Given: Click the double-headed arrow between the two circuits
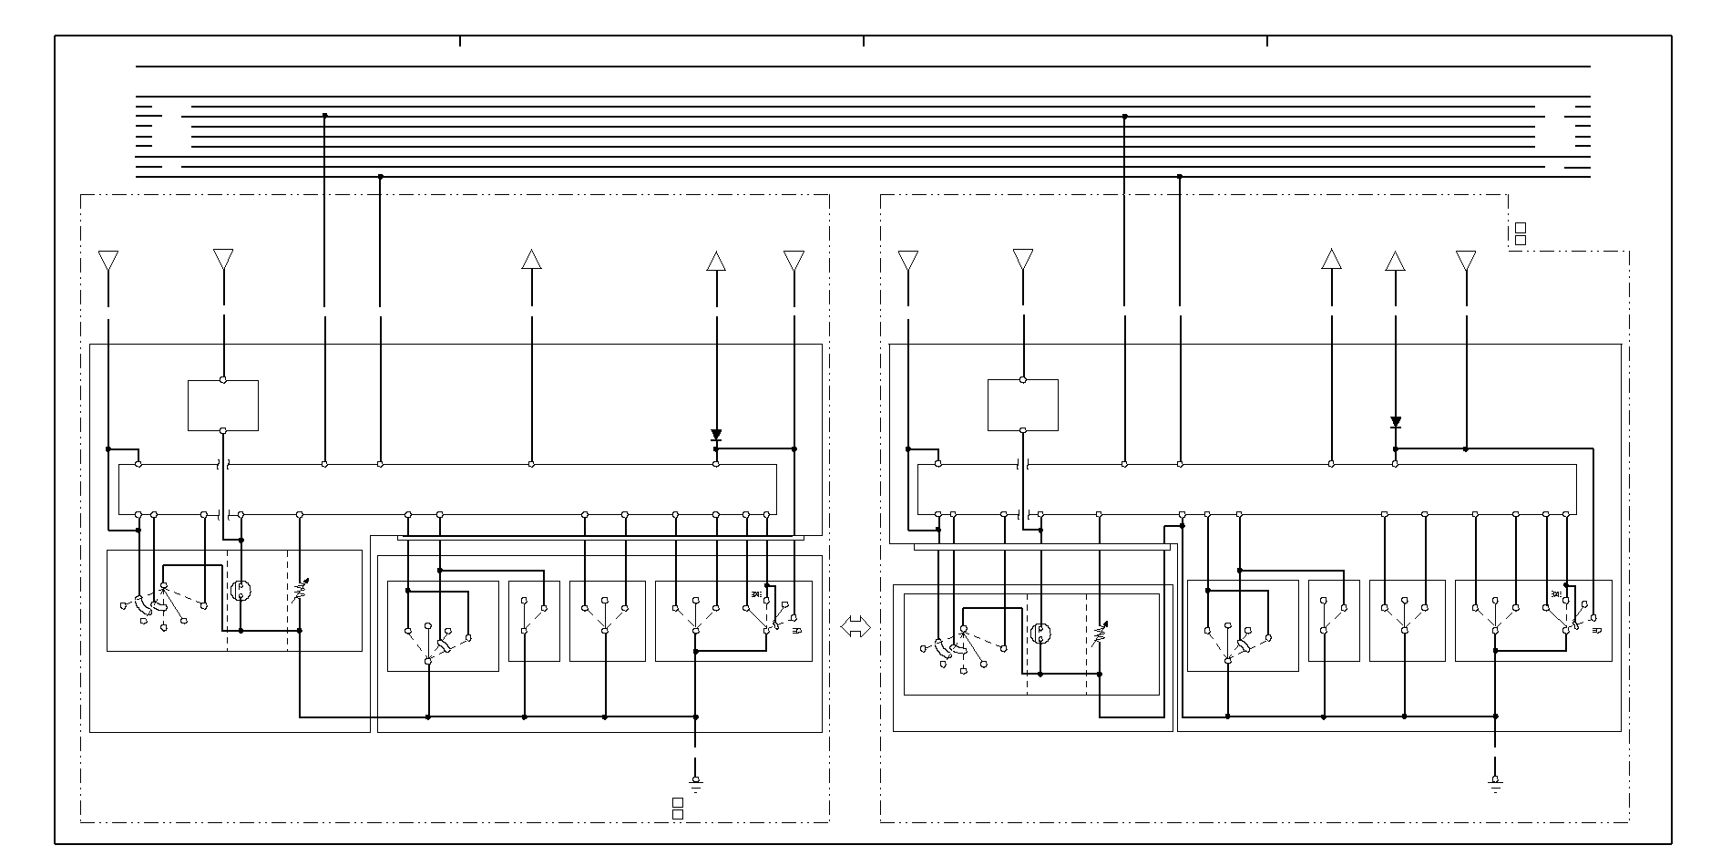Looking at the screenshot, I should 855,627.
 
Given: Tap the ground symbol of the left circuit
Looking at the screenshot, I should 696,781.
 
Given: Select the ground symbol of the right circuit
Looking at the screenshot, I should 1495,781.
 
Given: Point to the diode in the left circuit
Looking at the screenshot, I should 716,436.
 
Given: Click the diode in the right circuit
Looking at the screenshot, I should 1396,422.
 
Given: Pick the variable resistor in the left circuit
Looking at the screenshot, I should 299,593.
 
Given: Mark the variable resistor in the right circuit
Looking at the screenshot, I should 1099,634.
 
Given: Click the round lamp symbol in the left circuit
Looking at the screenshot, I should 241,592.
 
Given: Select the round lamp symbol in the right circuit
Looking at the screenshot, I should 1040,634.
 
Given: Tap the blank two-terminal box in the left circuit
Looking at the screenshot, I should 223,406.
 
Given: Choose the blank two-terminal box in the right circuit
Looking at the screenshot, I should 1023,406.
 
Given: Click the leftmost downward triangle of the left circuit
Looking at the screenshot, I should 108,261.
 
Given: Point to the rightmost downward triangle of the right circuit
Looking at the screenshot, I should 1466,261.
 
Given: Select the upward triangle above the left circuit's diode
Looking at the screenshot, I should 716,261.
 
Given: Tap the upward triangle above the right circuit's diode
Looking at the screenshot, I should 1395,261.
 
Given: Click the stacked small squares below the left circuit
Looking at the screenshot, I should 677,809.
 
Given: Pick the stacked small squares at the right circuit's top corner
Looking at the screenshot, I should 1520,234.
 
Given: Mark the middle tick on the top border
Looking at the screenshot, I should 864,41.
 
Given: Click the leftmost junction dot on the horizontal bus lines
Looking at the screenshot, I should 325,116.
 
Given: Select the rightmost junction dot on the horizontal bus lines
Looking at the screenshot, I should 1180,176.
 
